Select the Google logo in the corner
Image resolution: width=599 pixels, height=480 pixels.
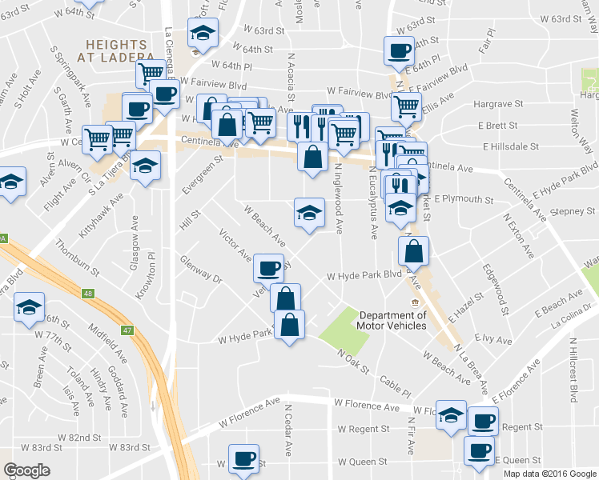point(26,470)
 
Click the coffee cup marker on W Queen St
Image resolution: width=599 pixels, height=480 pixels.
point(243,459)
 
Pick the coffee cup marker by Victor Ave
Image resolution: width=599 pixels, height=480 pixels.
point(268,267)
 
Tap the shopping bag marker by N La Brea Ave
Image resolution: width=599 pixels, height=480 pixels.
point(412,251)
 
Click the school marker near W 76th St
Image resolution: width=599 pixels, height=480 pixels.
point(30,307)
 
